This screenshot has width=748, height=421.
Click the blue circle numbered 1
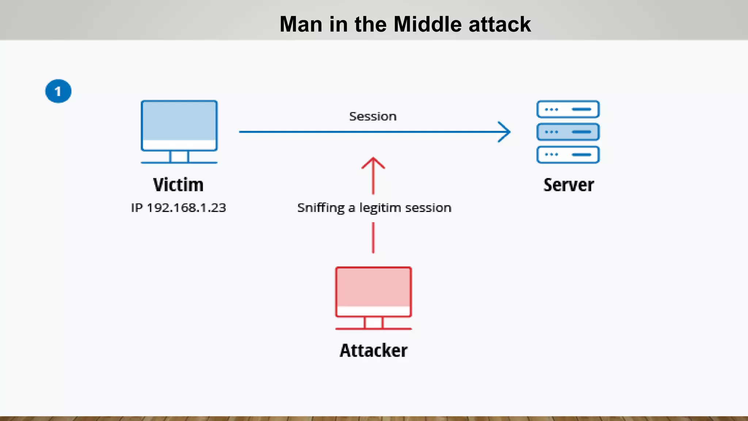click(58, 91)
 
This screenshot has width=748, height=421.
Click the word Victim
click(178, 185)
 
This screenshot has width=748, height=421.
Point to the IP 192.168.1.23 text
click(179, 208)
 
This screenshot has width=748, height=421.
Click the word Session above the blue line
click(373, 117)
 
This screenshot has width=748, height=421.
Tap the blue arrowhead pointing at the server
click(505, 132)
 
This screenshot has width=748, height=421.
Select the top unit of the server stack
click(568, 109)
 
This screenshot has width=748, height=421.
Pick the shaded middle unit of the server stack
click(568, 132)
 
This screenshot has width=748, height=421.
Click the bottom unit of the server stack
click(568, 155)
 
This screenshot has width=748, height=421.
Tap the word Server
click(568, 185)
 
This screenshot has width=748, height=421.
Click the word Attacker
click(373, 350)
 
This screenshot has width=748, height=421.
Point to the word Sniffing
click(321, 208)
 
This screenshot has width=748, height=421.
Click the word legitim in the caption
click(380, 208)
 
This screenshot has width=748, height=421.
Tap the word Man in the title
click(301, 24)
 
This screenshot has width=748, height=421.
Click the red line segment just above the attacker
click(373, 238)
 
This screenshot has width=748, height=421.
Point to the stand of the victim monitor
click(179, 157)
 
